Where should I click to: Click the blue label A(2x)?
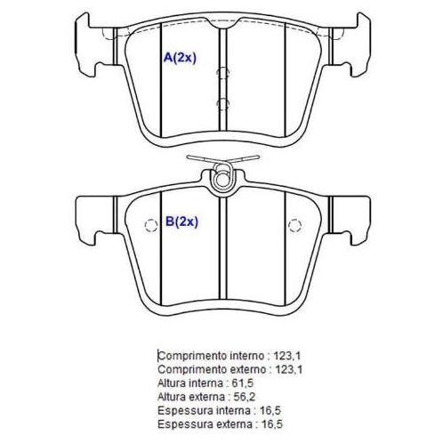click(x=180, y=58)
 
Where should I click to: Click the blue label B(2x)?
click(x=181, y=221)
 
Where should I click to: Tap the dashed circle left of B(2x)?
click(x=151, y=226)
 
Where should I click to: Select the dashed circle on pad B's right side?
click(x=294, y=226)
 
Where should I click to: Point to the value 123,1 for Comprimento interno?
click(x=287, y=356)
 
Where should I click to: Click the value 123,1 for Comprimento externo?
click(x=289, y=369)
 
